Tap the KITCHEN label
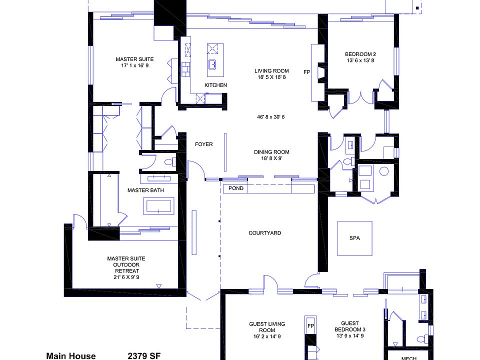coord(215,85)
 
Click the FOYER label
coord(203,144)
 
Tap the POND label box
coord(236,188)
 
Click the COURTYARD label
coord(264,233)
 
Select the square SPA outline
coord(354,238)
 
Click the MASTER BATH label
coord(145,190)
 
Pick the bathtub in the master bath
coord(159,206)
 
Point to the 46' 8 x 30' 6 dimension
coord(271,117)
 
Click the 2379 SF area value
coord(144,356)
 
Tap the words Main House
coord(70,356)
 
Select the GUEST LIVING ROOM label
coord(267,327)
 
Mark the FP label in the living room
coord(307,72)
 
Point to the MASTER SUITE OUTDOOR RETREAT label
coord(126,267)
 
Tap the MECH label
coord(409,358)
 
